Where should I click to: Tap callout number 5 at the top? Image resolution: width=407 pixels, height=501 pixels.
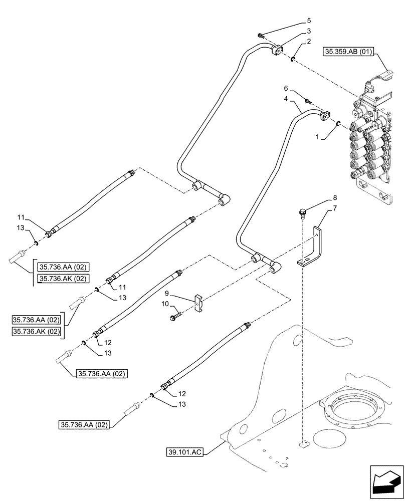pos(309,21)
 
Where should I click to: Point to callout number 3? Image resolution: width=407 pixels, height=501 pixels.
pos(309,31)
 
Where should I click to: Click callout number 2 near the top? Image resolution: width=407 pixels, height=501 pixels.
pos(309,41)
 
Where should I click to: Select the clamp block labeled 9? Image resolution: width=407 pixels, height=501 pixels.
pos(200,303)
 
